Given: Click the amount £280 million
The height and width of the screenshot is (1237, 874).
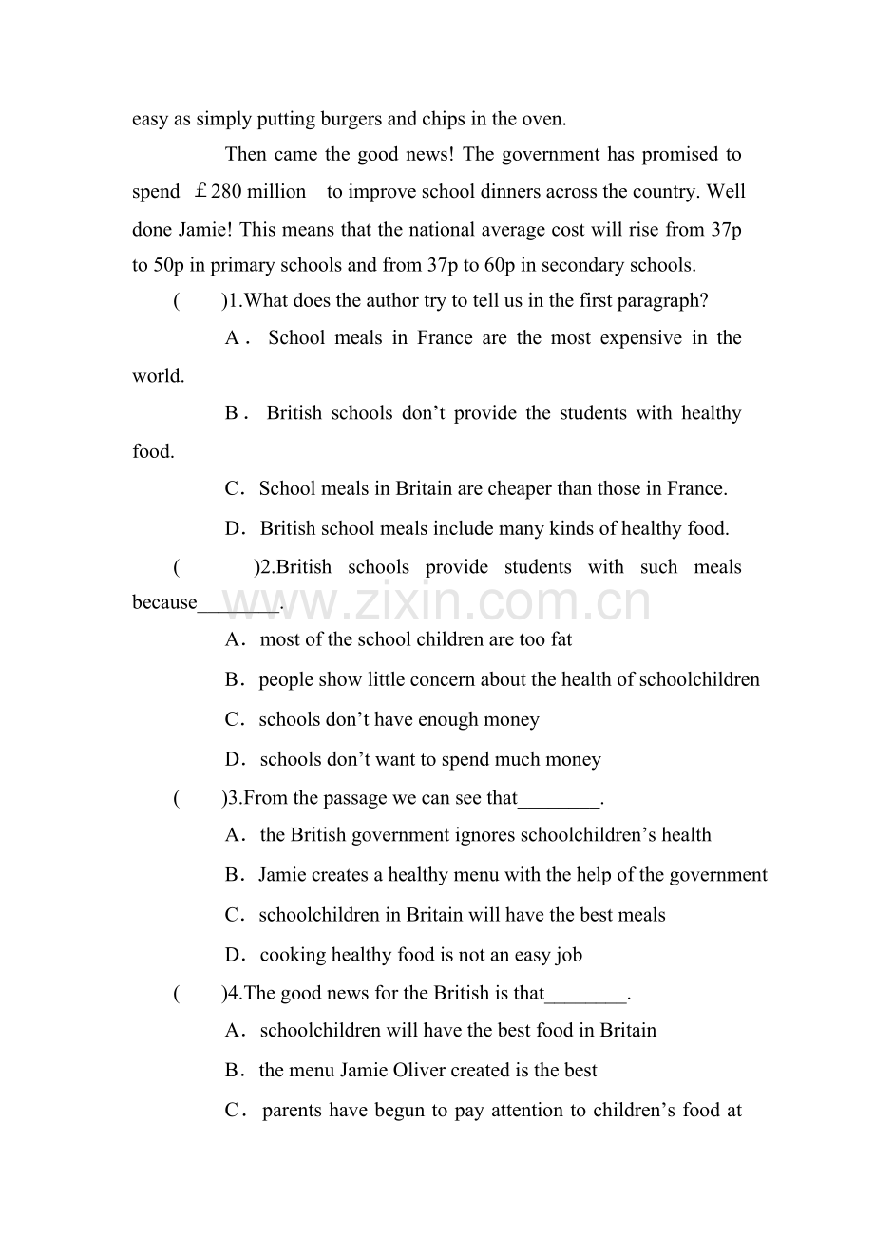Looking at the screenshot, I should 250,192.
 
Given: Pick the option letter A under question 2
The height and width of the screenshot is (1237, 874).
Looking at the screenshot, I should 235,639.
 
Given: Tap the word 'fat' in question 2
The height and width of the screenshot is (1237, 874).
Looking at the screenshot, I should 561,639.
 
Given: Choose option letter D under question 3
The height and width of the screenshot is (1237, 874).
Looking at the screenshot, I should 235,955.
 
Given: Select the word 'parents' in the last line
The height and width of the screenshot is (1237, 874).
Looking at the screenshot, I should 293,1110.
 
